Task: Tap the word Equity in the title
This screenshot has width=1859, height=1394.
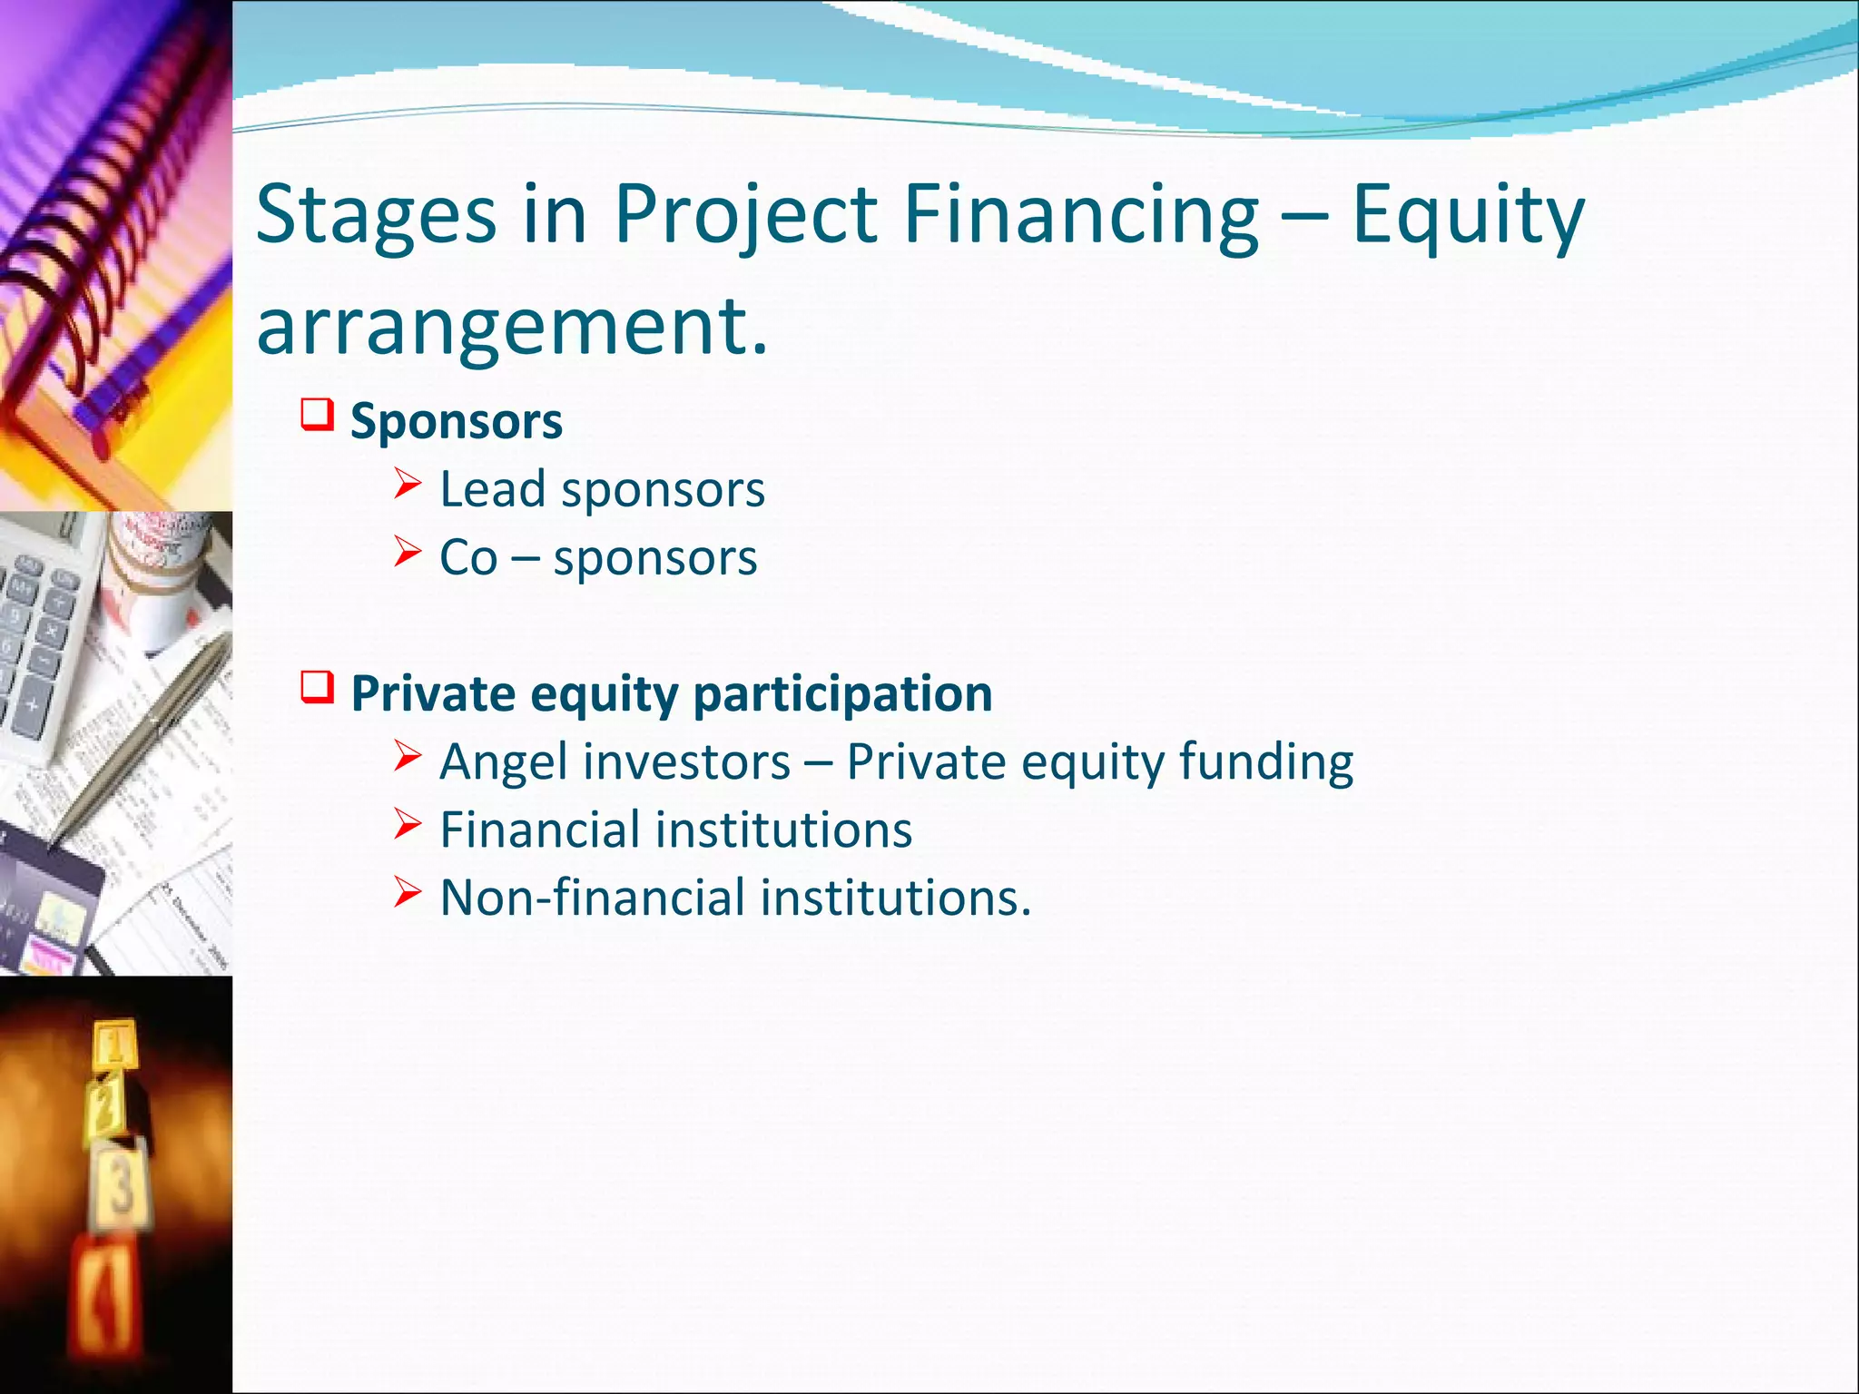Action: pyautogui.click(x=1468, y=216)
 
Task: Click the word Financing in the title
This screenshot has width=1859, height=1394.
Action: pyautogui.click(x=1081, y=216)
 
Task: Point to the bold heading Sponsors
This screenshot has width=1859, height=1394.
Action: pyautogui.click(x=457, y=421)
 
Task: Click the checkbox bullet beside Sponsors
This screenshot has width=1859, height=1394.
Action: pyautogui.click(x=318, y=415)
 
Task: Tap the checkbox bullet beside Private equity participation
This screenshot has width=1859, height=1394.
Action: pyautogui.click(x=318, y=687)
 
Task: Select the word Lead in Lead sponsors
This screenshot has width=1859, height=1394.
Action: pyautogui.click(x=492, y=489)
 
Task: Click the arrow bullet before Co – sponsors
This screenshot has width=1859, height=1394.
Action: pyautogui.click(x=408, y=551)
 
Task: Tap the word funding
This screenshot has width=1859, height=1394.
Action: pyautogui.click(x=1265, y=762)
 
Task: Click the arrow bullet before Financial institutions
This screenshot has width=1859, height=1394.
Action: pyautogui.click(x=408, y=823)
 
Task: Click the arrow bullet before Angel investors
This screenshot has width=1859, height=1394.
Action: pyautogui.click(x=408, y=755)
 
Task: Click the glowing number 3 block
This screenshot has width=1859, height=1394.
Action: pyautogui.click(x=121, y=1184)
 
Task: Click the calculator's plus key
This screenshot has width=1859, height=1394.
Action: pyautogui.click(x=32, y=704)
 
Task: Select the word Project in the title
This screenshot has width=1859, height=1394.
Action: pyautogui.click(x=745, y=216)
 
